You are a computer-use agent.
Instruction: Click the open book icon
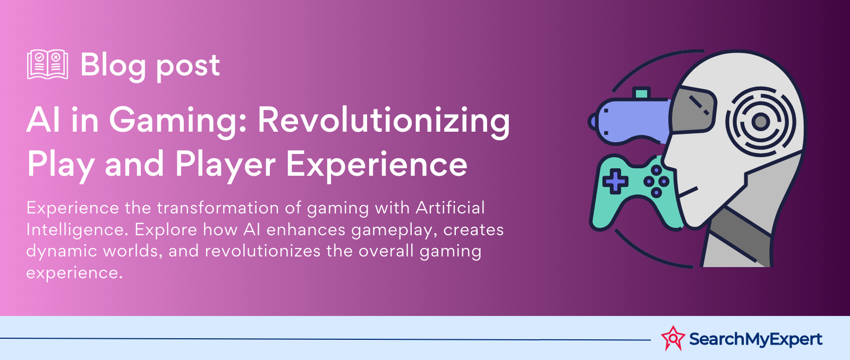[x=47, y=64]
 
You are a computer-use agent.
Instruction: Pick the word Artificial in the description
[x=450, y=208]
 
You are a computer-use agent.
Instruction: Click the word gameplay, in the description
[x=393, y=230]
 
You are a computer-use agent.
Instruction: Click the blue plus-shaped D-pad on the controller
[x=615, y=182]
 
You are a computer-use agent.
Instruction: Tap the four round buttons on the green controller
[x=656, y=182]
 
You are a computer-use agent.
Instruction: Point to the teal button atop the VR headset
[x=641, y=93]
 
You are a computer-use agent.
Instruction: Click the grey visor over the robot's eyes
[x=693, y=109]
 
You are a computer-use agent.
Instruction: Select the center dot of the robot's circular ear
[x=760, y=122]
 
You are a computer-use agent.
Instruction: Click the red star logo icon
[x=673, y=338]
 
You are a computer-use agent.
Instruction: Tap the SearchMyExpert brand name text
[x=755, y=339]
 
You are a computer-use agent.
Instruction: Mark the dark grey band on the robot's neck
[x=740, y=235]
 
